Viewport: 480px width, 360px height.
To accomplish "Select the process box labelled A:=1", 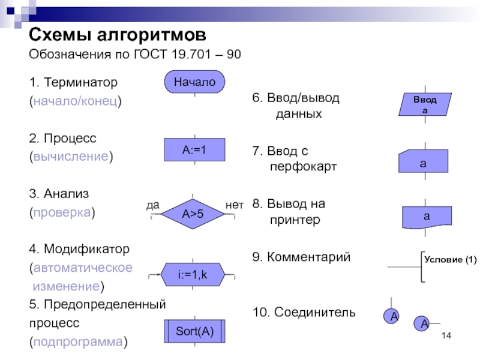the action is coord(194,150).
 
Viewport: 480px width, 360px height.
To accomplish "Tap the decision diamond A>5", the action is coord(193,213).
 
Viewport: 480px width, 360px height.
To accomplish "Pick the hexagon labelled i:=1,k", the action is coord(192,275).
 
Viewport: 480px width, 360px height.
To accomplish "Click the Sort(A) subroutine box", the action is coord(194,331).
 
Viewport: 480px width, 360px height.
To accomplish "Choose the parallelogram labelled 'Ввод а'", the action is coord(425,104).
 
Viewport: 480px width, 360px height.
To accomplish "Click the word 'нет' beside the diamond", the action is coord(235,205).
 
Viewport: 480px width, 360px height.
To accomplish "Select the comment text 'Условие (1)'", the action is coord(450,260).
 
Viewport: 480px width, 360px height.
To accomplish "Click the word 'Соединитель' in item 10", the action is coord(314,312).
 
